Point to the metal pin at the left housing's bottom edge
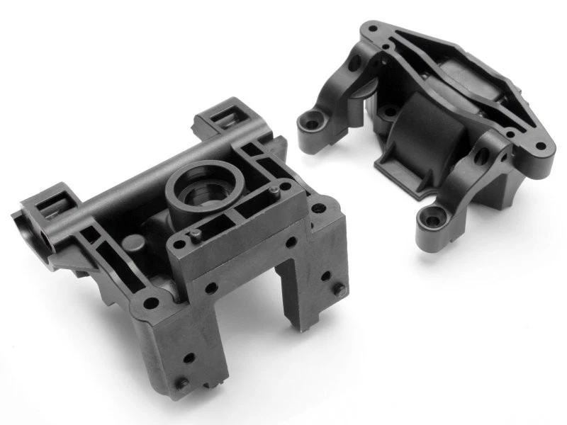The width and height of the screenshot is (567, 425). pos(184,383)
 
